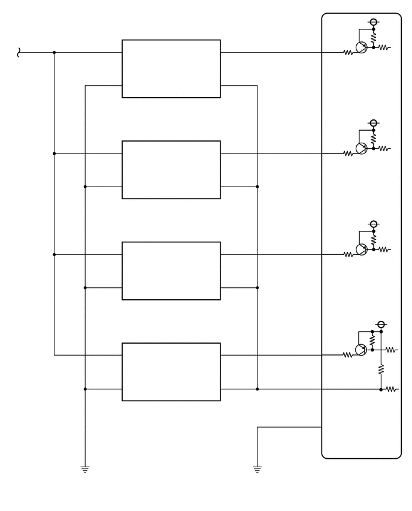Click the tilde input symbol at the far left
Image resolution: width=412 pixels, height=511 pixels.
pos(19,53)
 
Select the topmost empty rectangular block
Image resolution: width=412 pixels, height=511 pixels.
pos(171,68)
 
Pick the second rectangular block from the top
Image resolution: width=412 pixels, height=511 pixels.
pos(171,170)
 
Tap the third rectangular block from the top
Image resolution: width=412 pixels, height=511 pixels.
pos(171,270)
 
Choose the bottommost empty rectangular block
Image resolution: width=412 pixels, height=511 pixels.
pos(171,372)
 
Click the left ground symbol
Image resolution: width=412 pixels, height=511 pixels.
pos(85,470)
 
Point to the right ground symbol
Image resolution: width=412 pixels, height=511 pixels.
pos(257,470)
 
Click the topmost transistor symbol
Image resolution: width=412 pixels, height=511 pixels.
pos(361,48)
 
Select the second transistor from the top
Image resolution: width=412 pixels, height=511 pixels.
pos(361,149)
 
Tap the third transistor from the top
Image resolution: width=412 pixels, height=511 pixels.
pos(361,250)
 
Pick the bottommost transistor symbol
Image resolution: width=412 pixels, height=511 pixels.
pos(361,350)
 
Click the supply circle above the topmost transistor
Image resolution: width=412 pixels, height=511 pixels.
pos(374,22)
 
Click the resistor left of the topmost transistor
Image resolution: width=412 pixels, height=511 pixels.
pos(348,52)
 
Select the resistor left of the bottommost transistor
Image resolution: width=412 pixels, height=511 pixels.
pos(348,355)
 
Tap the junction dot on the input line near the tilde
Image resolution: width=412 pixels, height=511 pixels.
pos(54,52)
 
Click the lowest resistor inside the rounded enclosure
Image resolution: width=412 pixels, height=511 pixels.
pos(392,389)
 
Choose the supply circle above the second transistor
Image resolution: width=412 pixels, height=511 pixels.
pos(374,123)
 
